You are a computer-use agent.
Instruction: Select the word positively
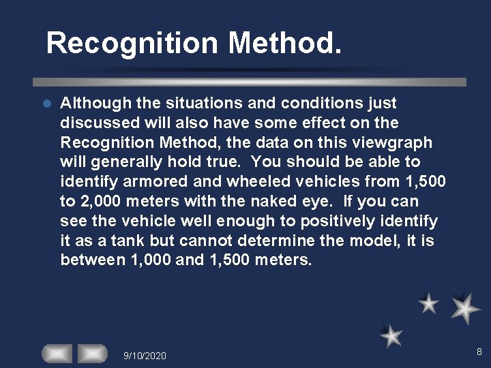click(x=319, y=221)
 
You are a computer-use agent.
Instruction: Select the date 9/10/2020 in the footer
click(x=145, y=356)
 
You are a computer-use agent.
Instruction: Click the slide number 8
click(x=479, y=352)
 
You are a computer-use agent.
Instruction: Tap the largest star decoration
click(x=466, y=308)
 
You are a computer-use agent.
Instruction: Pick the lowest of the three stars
click(x=391, y=335)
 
